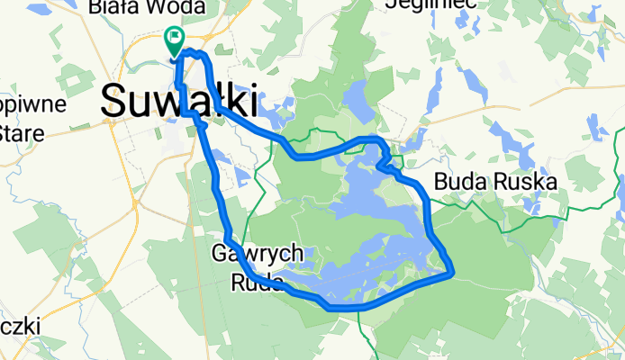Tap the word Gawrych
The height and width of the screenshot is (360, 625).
(264, 255)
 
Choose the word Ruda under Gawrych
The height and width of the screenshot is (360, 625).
(256, 282)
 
